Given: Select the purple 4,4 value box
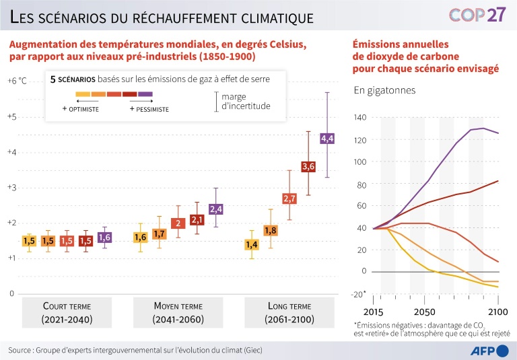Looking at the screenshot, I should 327,139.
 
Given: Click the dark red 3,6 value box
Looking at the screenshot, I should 308,166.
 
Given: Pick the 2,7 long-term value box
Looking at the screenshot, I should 289,199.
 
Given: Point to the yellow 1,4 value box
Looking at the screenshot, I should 251,244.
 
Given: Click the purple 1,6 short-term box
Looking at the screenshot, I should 104,237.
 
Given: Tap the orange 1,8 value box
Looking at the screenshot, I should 270,231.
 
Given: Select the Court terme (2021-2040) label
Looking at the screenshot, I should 67,312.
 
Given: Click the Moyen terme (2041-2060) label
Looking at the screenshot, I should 178,312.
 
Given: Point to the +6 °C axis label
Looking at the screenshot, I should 17,81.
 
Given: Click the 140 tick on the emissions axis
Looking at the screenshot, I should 359,118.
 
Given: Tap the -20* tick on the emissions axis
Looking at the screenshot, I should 359,294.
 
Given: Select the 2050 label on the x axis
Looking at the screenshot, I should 423,313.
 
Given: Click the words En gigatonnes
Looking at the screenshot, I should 384,90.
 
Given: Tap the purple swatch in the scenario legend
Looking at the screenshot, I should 146,94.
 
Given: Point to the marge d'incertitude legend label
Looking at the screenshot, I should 246,101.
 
